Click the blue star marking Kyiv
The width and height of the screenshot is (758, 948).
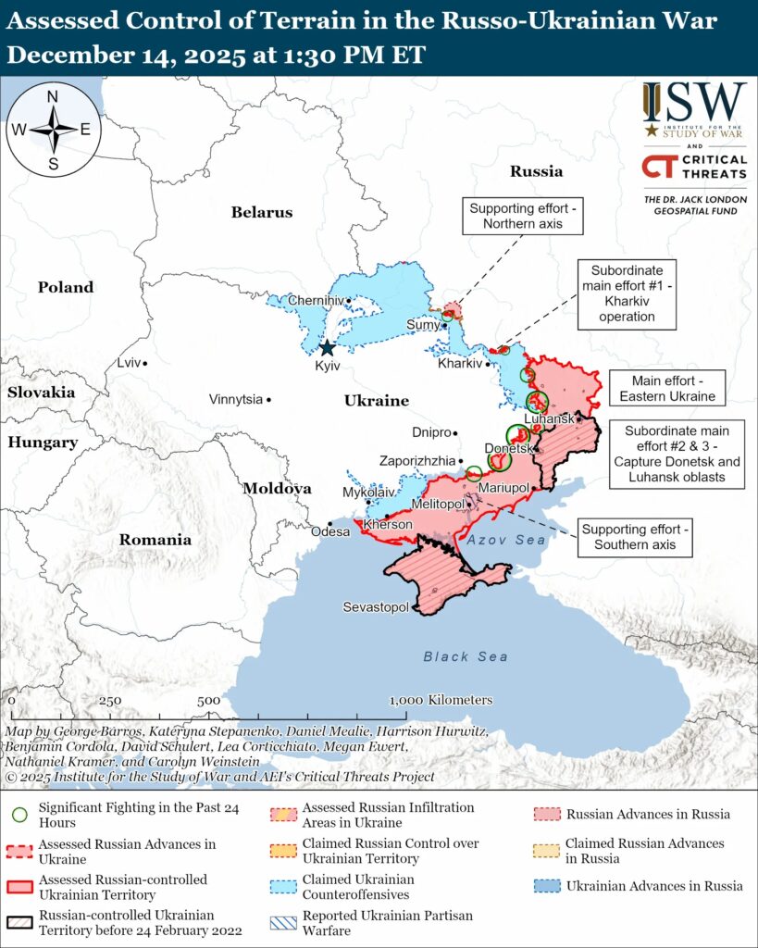tap(327, 348)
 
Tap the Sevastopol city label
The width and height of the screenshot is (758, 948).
tap(376, 607)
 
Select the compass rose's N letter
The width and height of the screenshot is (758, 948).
tap(53, 96)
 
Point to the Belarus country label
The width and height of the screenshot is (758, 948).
tap(261, 212)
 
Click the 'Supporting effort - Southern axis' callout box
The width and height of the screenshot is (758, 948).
tap(634, 537)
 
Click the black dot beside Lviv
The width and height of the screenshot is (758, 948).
tap(145, 363)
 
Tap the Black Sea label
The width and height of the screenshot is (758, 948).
tap(466, 656)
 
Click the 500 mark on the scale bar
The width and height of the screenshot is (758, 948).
tap(208, 701)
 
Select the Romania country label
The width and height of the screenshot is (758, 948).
tap(155, 540)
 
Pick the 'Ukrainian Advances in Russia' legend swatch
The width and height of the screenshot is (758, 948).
tap(546, 886)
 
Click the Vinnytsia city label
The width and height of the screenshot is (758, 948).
tap(235, 400)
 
